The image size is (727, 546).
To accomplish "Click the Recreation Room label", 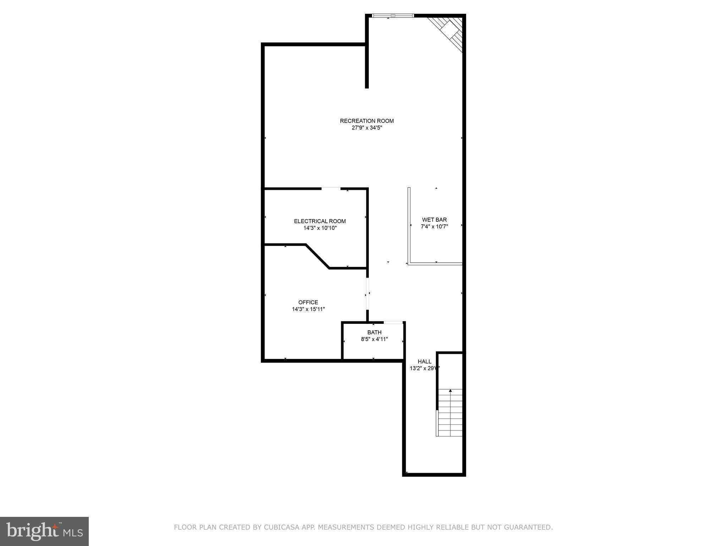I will [x=367, y=121].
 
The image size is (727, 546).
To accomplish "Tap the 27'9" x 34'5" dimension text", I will [x=367, y=128].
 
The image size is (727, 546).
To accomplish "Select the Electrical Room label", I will [x=319, y=221].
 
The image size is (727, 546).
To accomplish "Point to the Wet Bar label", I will [x=434, y=220].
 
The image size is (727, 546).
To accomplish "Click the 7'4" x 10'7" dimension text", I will [x=434, y=226].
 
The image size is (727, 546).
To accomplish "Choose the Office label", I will [x=308, y=303].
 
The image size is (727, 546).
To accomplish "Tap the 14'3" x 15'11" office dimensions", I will [x=308, y=309].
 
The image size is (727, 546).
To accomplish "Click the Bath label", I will [x=374, y=332].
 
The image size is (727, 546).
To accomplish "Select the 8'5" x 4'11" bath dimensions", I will [x=374, y=339].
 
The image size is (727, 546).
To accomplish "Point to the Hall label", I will [x=424, y=362].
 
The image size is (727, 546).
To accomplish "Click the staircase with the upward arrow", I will [x=450, y=412].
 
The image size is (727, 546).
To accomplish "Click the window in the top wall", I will [x=393, y=16].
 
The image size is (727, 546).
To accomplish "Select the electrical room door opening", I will [x=331, y=188].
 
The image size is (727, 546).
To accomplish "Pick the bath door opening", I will [x=393, y=322].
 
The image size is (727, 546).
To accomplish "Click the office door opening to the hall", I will [x=367, y=294].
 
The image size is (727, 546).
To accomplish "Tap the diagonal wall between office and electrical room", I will [x=317, y=256].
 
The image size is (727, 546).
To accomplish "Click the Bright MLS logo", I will [x=44, y=531].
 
